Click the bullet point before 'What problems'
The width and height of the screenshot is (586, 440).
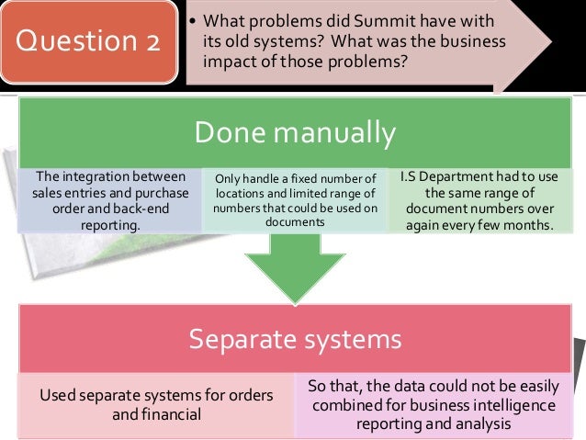click(191, 21)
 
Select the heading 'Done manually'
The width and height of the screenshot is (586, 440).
click(294, 133)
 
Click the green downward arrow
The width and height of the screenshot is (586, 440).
click(294, 266)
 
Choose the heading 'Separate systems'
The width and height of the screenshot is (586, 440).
click(294, 339)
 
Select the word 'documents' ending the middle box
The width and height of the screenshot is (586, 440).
click(295, 222)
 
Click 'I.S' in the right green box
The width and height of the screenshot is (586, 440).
click(410, 176)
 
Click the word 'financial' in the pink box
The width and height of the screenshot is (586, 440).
click(171, 414)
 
